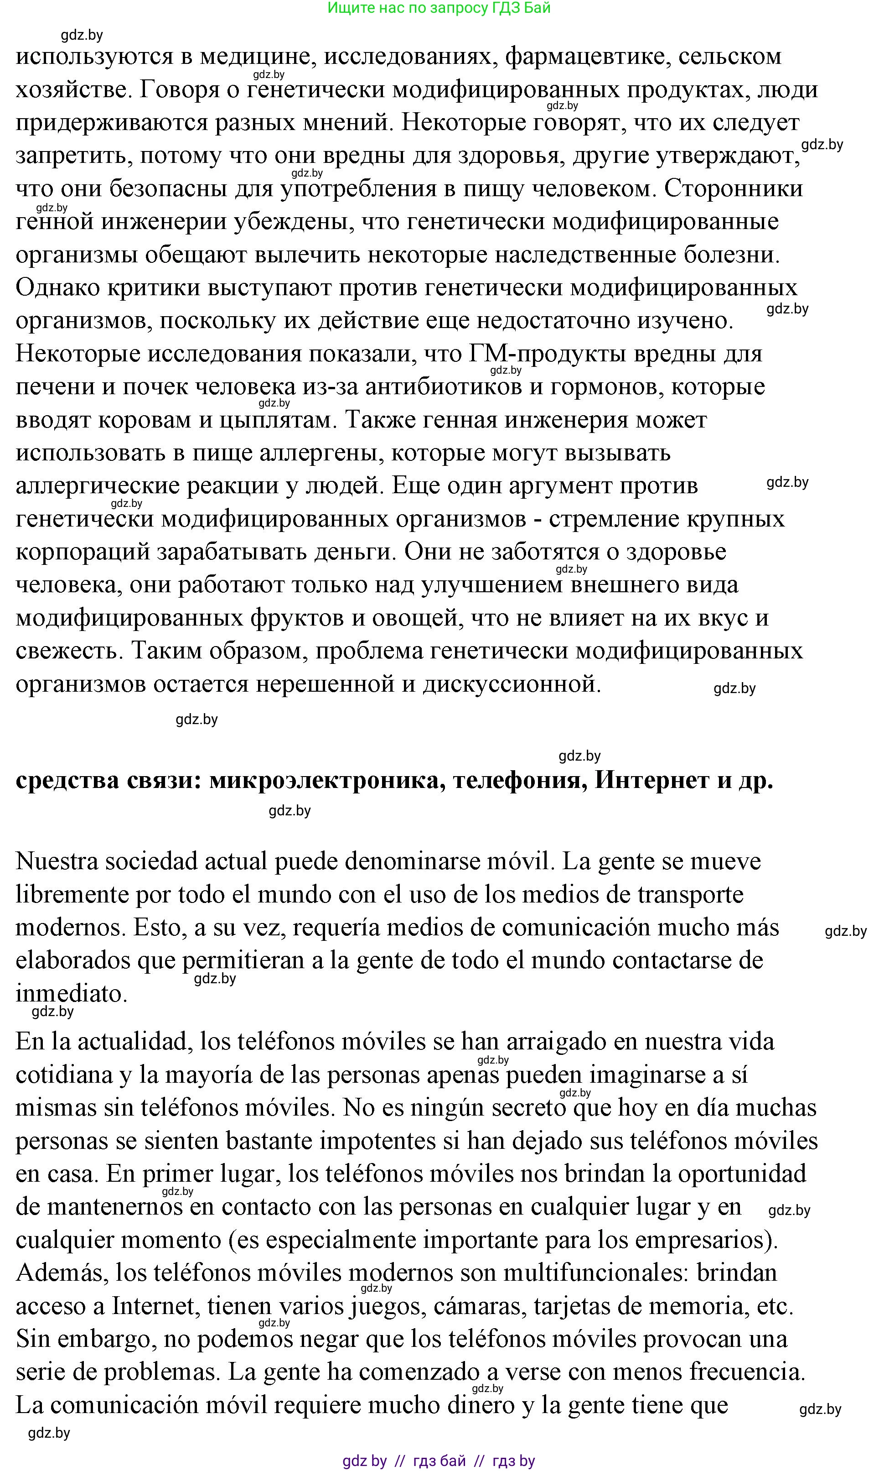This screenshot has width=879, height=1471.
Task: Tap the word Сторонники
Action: point(734,189)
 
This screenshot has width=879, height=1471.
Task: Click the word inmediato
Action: point(71,994)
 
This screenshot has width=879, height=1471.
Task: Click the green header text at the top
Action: point(439,8)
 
